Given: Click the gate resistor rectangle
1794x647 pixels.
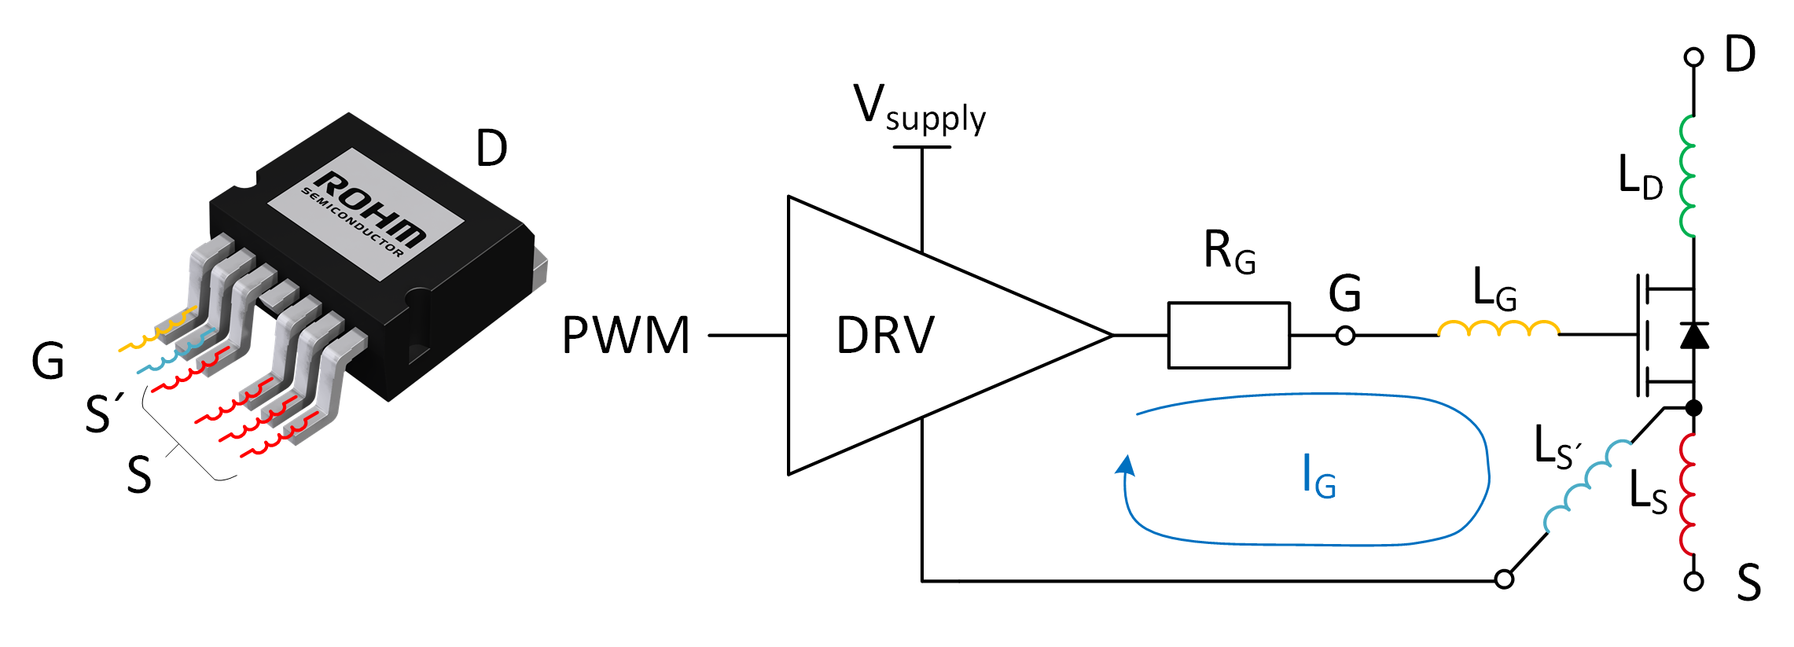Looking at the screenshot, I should click(x=1228, y=336).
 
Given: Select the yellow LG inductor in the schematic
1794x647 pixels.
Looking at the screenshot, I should click(x=1498, y=329).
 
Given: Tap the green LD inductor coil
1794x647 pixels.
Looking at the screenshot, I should click(x=1687, y=176).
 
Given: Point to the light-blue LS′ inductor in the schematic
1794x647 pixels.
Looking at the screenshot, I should click(x=1587, y=487).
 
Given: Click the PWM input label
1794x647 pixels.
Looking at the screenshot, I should click(x=626, y=336).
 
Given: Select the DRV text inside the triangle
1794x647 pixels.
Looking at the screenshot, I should click(x=885, y=336).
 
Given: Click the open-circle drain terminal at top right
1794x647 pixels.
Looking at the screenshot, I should click(x=1693, y=57).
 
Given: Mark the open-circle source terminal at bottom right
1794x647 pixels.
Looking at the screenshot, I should click(x=1693, y=581).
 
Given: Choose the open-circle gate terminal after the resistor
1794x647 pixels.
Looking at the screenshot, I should click(x=1345, y=336).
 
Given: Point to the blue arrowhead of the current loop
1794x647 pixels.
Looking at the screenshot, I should click(x=1127, y=465).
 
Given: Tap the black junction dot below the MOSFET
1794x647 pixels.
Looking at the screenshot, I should click(x=1693, y=408).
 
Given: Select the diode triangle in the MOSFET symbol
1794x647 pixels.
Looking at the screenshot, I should click(x=1693, y=336).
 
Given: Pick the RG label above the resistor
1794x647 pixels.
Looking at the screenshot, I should click(x=1229, y=252).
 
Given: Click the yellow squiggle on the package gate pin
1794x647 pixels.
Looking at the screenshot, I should click(x=157, y=331).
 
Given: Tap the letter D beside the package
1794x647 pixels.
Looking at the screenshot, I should click(x=492, y=149).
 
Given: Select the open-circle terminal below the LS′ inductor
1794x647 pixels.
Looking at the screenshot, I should click(x=1504, y=579).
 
